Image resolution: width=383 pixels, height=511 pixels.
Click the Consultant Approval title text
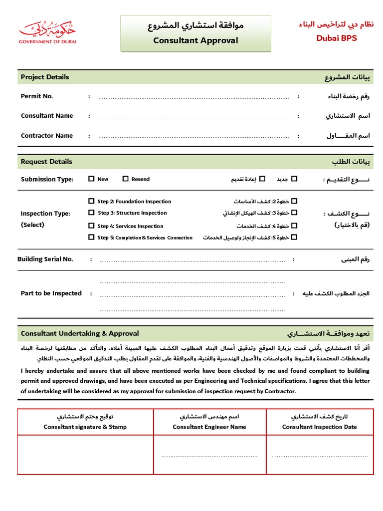tap(195, 40)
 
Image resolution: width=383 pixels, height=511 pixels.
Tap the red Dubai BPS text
tap(337, 38)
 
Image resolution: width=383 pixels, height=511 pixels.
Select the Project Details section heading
tap(45, 77)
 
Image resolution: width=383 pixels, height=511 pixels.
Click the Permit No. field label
tap(37, 96)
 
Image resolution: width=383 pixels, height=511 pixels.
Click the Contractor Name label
tap(47, 135)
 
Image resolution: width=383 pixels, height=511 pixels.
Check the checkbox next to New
tap(91, 179)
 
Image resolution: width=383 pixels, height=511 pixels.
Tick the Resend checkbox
tap(126, 179)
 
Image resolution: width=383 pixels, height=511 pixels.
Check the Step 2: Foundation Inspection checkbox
tap(91, 201)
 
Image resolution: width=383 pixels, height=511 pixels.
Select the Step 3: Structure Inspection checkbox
tap(91, 213)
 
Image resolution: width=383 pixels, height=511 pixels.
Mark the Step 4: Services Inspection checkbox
tap(91, 226)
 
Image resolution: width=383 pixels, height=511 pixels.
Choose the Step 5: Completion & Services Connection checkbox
tap(91, 238)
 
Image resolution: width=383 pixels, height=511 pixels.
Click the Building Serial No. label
tap(45, 259)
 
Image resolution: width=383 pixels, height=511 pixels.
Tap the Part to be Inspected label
tap(51, 293)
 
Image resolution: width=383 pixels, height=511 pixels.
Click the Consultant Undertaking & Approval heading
tap(80, 333)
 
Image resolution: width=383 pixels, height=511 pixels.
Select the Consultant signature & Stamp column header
tap(85, 427)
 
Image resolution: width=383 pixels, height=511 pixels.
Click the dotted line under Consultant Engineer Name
tap(209, 456)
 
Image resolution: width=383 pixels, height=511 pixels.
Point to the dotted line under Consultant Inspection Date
tap(319, 456)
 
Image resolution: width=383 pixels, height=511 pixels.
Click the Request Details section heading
tap(46, 161)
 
